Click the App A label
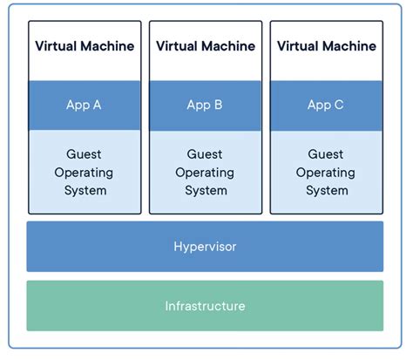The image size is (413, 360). [84, 105]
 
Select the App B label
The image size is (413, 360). [205, 105]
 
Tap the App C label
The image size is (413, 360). [325, 105]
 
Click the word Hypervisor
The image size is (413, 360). [205, 247]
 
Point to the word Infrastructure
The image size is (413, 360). [205, 306]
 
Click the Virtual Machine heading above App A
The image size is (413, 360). [84, 45]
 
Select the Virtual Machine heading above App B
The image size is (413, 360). [205, 45]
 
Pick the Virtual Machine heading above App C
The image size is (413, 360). [325, 45]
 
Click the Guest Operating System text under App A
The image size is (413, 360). [84, 172]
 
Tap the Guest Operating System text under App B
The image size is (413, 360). [205, 172]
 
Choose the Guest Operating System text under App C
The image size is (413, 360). [325, 172]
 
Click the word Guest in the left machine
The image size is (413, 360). [84, 154]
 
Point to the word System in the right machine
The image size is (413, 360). [325, 190]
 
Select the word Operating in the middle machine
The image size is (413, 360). [205, 173]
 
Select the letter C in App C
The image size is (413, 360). [338, 105]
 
